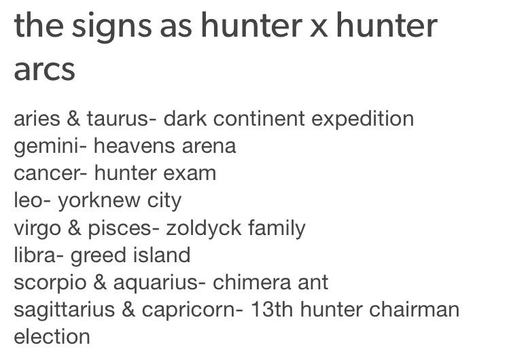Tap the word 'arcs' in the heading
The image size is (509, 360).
(x=44, y=69)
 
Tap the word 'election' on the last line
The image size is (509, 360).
(x=52, y=337)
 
